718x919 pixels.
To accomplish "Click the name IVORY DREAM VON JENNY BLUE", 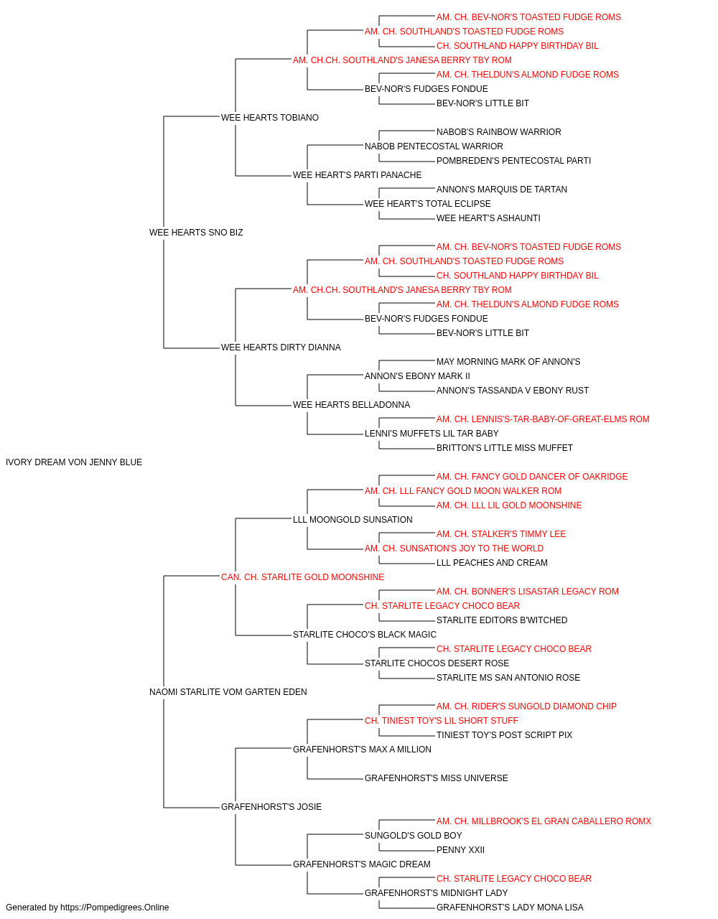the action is (74, 462).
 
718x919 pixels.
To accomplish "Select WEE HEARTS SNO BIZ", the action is (196, 233).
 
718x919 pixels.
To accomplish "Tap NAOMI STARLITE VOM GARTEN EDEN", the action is (228, 692).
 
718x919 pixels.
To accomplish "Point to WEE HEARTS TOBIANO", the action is (270, 118).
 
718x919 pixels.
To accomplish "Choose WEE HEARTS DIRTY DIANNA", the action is (281, 347).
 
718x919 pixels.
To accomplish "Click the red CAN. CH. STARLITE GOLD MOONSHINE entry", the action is (303, 577).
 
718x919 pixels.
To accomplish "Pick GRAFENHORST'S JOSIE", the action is (271, 807).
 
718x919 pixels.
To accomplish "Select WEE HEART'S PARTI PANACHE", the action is (358, 175).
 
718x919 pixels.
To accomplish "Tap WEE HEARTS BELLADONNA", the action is (351, 405).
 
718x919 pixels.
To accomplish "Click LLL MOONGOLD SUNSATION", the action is (353, 520).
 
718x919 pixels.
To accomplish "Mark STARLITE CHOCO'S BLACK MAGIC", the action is (365, 635).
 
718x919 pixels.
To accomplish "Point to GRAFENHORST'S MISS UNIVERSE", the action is (437, 778).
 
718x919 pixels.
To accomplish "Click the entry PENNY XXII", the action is (460, 850).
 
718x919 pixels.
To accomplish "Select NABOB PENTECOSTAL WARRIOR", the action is (434, 146).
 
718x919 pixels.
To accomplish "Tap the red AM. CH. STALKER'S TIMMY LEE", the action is (501, 534).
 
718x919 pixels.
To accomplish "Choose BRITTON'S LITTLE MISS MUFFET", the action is (505, 448).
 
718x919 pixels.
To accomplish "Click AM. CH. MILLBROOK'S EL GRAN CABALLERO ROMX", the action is (544, 821).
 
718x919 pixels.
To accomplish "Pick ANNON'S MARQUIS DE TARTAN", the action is (502, 190).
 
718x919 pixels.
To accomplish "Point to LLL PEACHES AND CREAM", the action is (493, 563).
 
